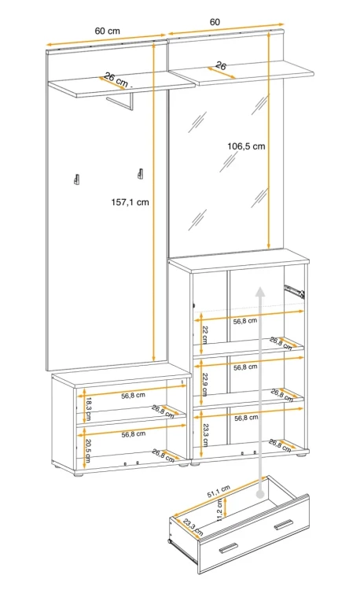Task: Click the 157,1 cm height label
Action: click(130, 202)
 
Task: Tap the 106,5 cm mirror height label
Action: click(246, 146)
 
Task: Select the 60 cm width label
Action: click(108, 31)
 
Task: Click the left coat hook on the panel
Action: click(76, 179)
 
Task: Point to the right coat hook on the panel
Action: click(141, 173)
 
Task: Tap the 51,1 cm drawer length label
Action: click(219, 492)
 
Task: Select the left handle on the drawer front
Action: click(228, 548)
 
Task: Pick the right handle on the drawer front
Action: click(283, 525)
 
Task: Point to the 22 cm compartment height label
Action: click(205, 334)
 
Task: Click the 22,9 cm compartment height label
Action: click(205, 384)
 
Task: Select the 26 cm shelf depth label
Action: click(116, 79)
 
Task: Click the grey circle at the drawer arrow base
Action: click(260, 494)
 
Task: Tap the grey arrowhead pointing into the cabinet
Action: click(259, 290)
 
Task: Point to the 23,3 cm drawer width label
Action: click(193, 527)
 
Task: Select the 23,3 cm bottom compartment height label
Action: click(206, 435)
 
